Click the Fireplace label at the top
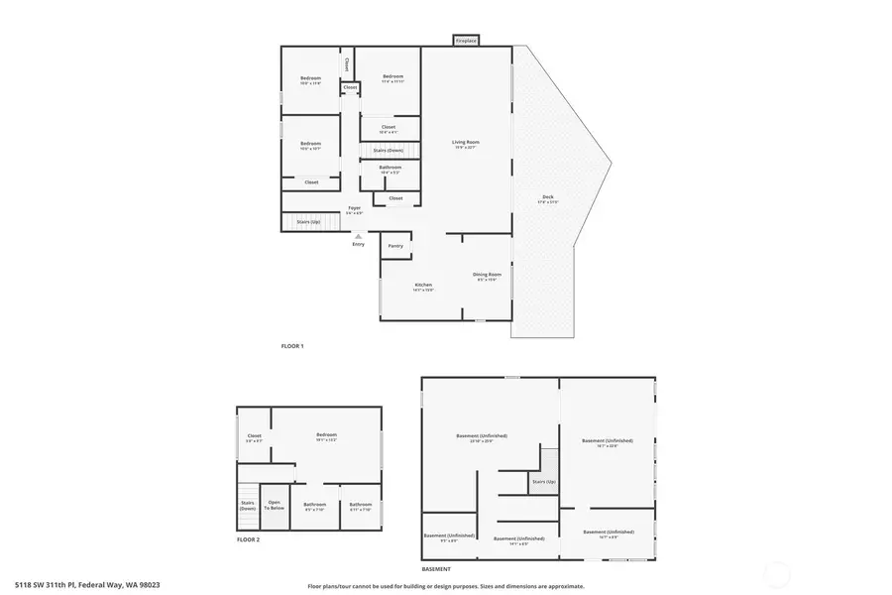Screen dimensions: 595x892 click(x=466, y=41)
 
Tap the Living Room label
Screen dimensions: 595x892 click(x=466, y=145)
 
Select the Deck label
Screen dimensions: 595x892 click(x=548, y=198)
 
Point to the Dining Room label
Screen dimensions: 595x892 click(x=488, y=276)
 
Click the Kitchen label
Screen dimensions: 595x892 click(x=423, y=287)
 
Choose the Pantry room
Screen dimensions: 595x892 click(x=395, y=246)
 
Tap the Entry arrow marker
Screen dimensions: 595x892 click(x=358, y=236)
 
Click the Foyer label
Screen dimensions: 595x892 click(x=354, y=209)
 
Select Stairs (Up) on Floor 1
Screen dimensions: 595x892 click(x=308, y=222)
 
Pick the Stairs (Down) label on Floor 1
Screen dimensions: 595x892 click(x=388, y=150)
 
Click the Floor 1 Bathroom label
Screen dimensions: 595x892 click(x=390, y=169)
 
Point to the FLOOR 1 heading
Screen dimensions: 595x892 click(x=292, y=346)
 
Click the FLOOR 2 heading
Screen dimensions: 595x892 click(x=248, y=539)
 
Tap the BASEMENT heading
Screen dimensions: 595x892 click(x=436, y=569)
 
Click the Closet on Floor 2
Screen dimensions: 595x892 click(x=254, y=437)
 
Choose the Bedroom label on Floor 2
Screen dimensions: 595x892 click(x=326, y=436)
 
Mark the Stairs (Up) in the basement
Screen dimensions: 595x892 click(x=542, y=481)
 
